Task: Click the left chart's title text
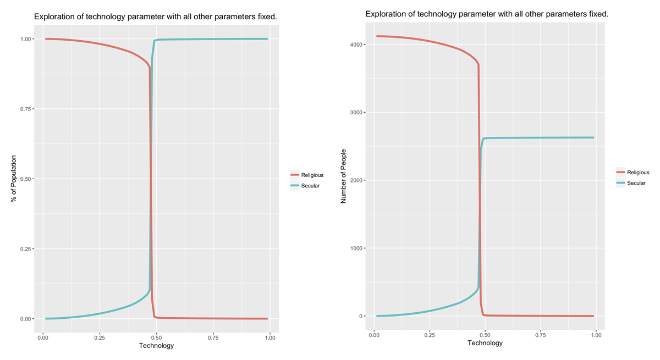click(156, 17)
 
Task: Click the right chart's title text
click(487, 14)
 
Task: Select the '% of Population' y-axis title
click(14, 179)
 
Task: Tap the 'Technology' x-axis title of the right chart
click(485, 343)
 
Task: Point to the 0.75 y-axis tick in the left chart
click(26, 109)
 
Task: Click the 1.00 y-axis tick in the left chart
click(26, 39)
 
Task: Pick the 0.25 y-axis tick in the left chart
click(26, 249)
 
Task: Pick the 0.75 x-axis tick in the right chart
click(541, 334)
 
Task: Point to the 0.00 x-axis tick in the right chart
click(373, 334)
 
